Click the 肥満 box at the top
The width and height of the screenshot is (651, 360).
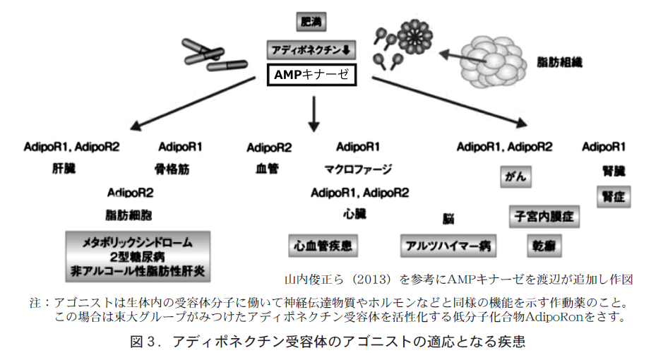coord(310,22)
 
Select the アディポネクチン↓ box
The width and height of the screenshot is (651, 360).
coord(311,50)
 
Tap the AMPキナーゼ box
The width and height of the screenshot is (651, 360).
coord(311,74)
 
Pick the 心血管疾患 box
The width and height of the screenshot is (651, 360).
coord(323,246)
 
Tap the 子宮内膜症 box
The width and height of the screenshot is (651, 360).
coord(544,215)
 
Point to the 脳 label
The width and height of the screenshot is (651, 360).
coord(448,220)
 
